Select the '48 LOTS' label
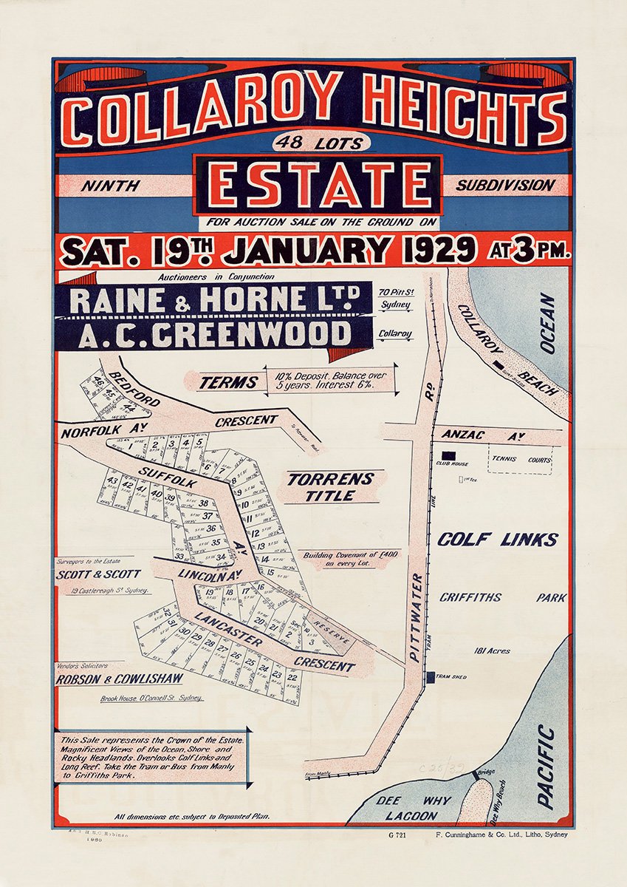pyautogui.click(x=318, y=142)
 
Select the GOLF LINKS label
pyautogui.click(x=498, y=539)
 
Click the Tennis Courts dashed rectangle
pyautogui.click(x=520, y=460)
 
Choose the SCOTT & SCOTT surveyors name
pyautogui.click(x=98, y=574)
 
